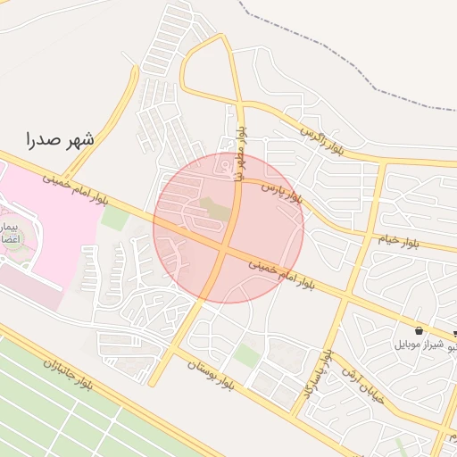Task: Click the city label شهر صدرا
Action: pos(61,140)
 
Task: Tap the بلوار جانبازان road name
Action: pos(68,373)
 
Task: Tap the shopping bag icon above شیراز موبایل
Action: pos(419,331)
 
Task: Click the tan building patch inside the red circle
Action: pos(214,209)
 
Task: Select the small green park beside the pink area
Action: pos(114,218)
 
